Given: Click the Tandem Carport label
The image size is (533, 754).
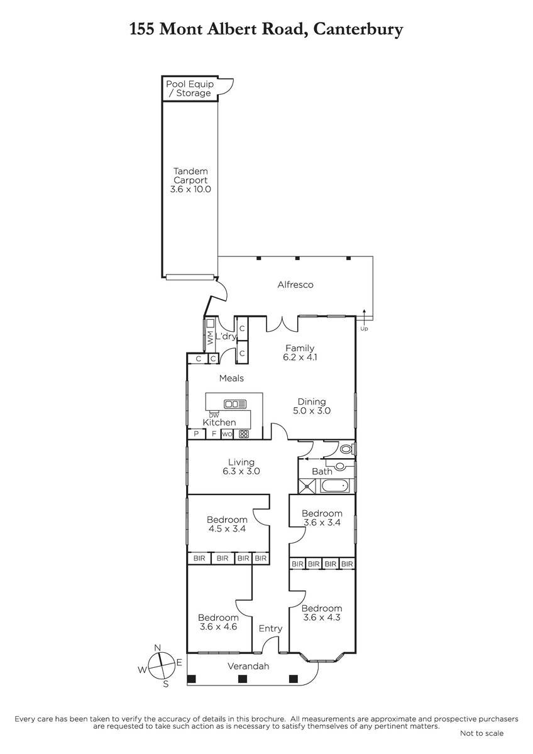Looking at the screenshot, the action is pyautogui.click(x=190, y=180).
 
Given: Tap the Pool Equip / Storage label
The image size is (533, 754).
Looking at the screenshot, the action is pyautogui.click(x=190, y=89).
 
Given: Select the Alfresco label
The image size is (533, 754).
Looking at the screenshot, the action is pyautogui.click(x=295, y=285).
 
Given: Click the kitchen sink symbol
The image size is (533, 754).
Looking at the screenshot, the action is pyautogui.click(x=235, y=404).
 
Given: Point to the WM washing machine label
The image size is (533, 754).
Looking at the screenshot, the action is pyautogui.click(x=210, y=337).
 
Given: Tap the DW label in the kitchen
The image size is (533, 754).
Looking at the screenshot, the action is pyautogui.click(x=214, y=415).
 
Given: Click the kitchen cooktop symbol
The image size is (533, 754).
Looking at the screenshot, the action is pyautogui.click(x=243, y=434).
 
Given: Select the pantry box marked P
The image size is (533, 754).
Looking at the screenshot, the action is pyautogui.click(x=196, y=434).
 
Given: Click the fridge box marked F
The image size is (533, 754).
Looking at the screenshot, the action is pyautogui.click(x=214, y=434).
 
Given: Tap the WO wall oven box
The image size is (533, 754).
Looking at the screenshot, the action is pyautogui.click(x=228, y=434).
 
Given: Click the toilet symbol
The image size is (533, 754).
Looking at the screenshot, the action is pyautogui.click(x=346, y=449).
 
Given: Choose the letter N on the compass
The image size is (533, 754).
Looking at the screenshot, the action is pyautogui.click(x=158, y=648).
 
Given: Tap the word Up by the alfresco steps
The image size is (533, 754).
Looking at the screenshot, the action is pyautogui.click(x=364, y=329).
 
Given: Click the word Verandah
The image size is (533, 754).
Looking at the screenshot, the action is pyautogui.click(x=248, y=666).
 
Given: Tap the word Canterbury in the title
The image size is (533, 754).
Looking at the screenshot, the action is pyautogui.click(x=358, y=30).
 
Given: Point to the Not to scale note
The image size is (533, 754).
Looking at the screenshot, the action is pyautogui.click(x=481, y=733).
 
